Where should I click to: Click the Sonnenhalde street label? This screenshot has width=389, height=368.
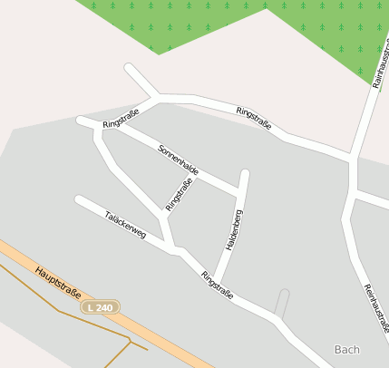coord(179,159)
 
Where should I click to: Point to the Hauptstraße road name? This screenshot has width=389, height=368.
coord(59,283)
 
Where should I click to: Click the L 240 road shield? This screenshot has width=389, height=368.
coord(101,307)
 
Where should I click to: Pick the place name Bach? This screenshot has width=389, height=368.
coord(346,349)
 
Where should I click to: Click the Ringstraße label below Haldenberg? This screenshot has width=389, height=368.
coord(218,285)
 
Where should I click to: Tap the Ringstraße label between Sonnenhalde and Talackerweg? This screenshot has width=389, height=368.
coord(180,193)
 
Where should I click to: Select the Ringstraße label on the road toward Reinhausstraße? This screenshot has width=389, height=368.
coord(254,118)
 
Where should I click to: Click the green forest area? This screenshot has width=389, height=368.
coord(181,23)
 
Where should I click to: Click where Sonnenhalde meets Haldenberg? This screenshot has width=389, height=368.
coord(239,189)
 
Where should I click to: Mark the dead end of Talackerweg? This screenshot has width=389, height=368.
coord(79,199)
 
